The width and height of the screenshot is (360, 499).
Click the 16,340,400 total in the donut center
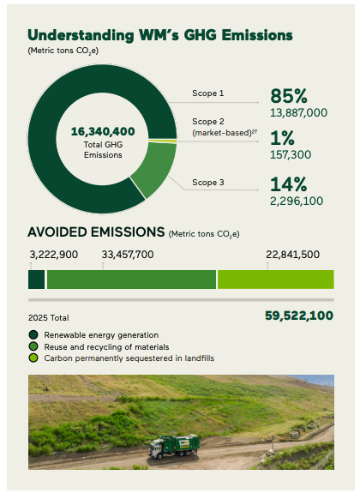point(103,131)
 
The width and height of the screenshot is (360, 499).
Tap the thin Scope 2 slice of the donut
point(163,141)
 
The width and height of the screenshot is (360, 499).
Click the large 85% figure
point(289,96)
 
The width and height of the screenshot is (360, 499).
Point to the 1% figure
point(282,138)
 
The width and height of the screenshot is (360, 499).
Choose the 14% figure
point(289,184)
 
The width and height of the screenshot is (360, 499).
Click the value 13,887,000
point(298,112)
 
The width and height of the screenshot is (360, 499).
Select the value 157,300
point(291,154)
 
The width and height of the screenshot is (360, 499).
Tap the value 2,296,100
point(297,201)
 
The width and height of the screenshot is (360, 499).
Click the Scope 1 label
point(208,93)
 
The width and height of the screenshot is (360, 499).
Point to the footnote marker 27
point(255,131)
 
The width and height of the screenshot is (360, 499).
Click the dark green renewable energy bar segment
point(37,280)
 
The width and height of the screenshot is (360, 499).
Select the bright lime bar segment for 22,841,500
point(276,280)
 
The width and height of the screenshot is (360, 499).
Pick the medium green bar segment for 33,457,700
point(132,280)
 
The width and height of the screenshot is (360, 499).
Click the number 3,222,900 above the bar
point(54,255)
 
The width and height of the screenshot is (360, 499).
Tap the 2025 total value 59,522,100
point(299,316)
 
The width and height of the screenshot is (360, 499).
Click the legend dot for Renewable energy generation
point(33,334)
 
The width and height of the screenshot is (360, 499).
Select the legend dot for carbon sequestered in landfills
point(33,358)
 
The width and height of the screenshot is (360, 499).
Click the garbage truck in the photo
point(174,446)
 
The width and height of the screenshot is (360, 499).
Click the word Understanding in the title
point(81,35)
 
